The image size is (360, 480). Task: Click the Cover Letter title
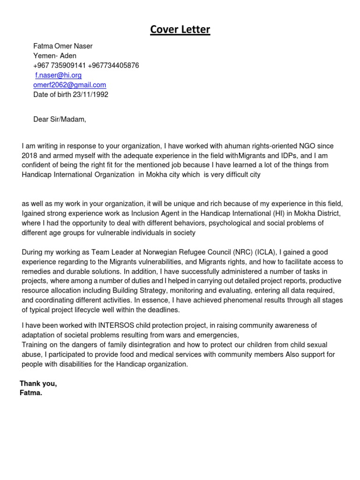pyautogui.click(x=180, y=30)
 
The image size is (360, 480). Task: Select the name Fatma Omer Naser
pyautogui.click(x=63, y=46)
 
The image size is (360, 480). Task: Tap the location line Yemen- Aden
pyautogui.click(x=55, y=56)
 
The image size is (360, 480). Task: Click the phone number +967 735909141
pyautogui.click(x=59, y=66)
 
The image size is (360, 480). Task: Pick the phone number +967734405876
pyautogui.click(x=113, y=66)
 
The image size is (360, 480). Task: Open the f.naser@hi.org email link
pyautogui.click(x=59, y=75)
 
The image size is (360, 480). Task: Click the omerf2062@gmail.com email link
pyautogui.click(x=70, y=85)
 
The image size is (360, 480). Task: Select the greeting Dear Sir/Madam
pyautogui.click(x=60, y=119)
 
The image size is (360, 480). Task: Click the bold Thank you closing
pyautogui.click(x=38, y=383)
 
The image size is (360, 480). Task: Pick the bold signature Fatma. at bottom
pyautogui.click(x=31, y=393)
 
